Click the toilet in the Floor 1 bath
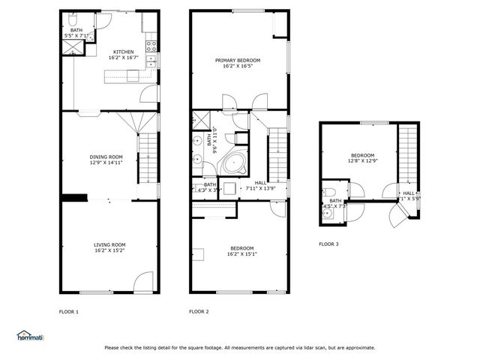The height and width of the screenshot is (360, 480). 72,16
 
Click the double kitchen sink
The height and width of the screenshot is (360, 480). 151,43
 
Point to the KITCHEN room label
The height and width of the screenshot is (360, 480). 124,52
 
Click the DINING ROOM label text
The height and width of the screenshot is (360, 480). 106,157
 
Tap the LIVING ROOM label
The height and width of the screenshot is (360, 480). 109,244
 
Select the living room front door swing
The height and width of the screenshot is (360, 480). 141,282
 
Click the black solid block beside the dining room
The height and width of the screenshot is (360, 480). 73,198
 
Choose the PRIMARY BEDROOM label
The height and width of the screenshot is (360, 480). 238,60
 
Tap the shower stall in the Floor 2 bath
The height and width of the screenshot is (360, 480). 202,120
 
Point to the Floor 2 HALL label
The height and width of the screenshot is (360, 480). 260,182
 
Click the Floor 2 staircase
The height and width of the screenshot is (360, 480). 278,150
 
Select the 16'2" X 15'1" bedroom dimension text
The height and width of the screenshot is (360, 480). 241,253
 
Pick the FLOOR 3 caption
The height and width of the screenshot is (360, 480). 328,244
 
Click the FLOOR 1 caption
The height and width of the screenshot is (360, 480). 69,311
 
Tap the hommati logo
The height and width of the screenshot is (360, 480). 31,336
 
